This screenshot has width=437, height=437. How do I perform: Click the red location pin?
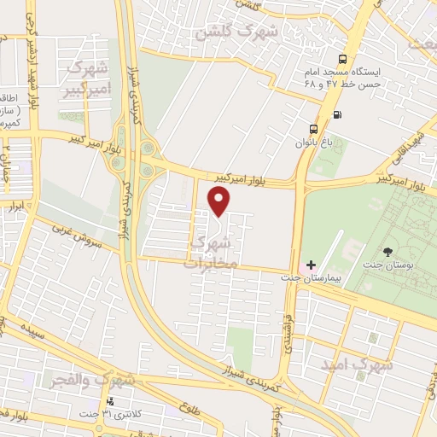[x=220, y=201]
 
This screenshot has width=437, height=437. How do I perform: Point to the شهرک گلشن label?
[x=236, y=32]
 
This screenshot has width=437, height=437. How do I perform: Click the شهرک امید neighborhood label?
[x=356, y=364]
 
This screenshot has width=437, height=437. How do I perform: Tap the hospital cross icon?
[x=310, y=265]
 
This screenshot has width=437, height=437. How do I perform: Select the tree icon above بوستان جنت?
[x=389, y=251]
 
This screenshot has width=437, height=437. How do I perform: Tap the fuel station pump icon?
[x=338, y=114]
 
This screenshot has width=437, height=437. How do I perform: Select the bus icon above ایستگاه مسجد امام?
[x=341, y=59]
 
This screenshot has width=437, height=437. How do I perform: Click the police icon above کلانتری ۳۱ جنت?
[x=108, y=401]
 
